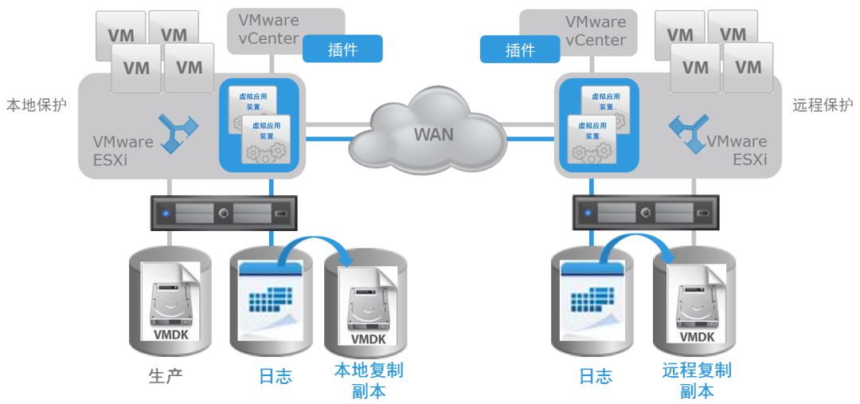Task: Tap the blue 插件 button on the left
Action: pyautogui.click(x=342, y=49)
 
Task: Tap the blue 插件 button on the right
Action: pyautogui.click(x=519, y=49)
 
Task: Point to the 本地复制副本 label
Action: pyautogui.click(x=369, y=381)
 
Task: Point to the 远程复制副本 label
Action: pyautogui.click(x=697, y=380)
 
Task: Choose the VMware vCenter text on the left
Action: pyautogui.click(x=263, y=30)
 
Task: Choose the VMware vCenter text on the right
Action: pyautogui.click(x=596, y=30)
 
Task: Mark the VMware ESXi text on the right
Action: pyautogui.click(x=737, y=151)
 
